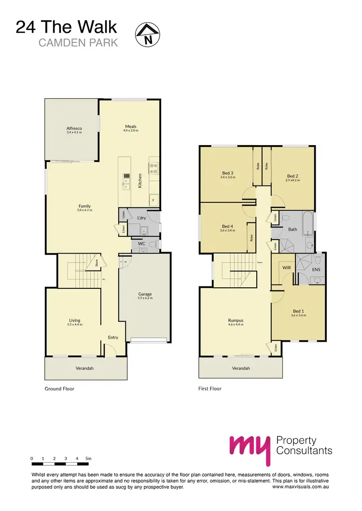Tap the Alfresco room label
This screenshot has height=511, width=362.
tap(74, 128)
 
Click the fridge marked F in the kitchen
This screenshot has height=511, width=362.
tap(154, 199)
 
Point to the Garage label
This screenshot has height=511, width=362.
tap(145, 294)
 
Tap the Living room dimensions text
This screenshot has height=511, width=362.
tap(74, 324)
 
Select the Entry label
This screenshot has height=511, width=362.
tap(113, 337)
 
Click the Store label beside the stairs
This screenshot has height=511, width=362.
tap(97, 263)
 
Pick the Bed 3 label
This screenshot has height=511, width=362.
tap(228, 173)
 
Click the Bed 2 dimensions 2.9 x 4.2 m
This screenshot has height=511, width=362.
tap(293, 180)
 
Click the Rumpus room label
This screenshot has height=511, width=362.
tap(236, 320)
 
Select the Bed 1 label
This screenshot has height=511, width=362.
tap(298, 311)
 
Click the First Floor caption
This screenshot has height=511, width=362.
tap(210, 388)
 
